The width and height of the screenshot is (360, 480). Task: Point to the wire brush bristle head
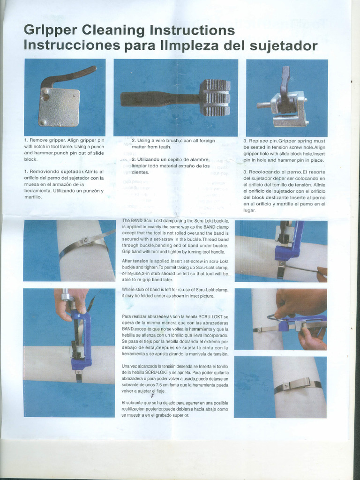tap(215, 97)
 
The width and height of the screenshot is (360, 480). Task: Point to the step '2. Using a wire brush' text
tap(173, 141)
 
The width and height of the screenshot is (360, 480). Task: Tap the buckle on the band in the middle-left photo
tap(86, 241)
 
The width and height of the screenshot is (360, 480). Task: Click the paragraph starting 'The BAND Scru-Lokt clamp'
tap(175, 236)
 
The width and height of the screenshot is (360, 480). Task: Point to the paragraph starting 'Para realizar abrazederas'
tap(175, 335)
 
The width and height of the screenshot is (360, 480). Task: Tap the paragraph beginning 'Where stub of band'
tap(175, 292)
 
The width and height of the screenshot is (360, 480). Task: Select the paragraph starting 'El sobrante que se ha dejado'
tap(175, 409)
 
